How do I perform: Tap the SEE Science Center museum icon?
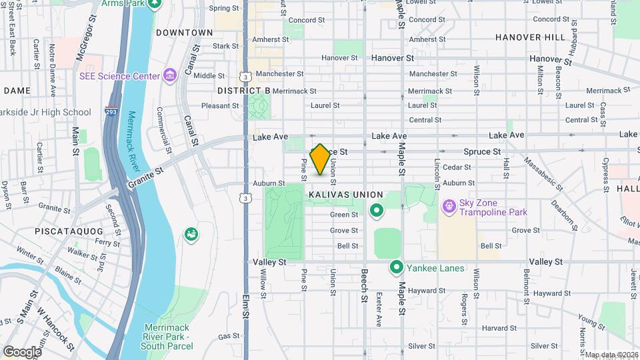(169, 76)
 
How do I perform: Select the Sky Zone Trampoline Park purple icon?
(449, 207)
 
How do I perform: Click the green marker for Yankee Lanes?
(396, 268)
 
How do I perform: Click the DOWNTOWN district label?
(184, 33)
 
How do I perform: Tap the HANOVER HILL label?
(530, 37)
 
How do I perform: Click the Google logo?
(22, 351)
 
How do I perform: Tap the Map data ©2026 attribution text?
(611, 355)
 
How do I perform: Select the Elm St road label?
(246, 304)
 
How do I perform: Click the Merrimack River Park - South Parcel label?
(167, 337)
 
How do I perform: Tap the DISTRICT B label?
(243, 90)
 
